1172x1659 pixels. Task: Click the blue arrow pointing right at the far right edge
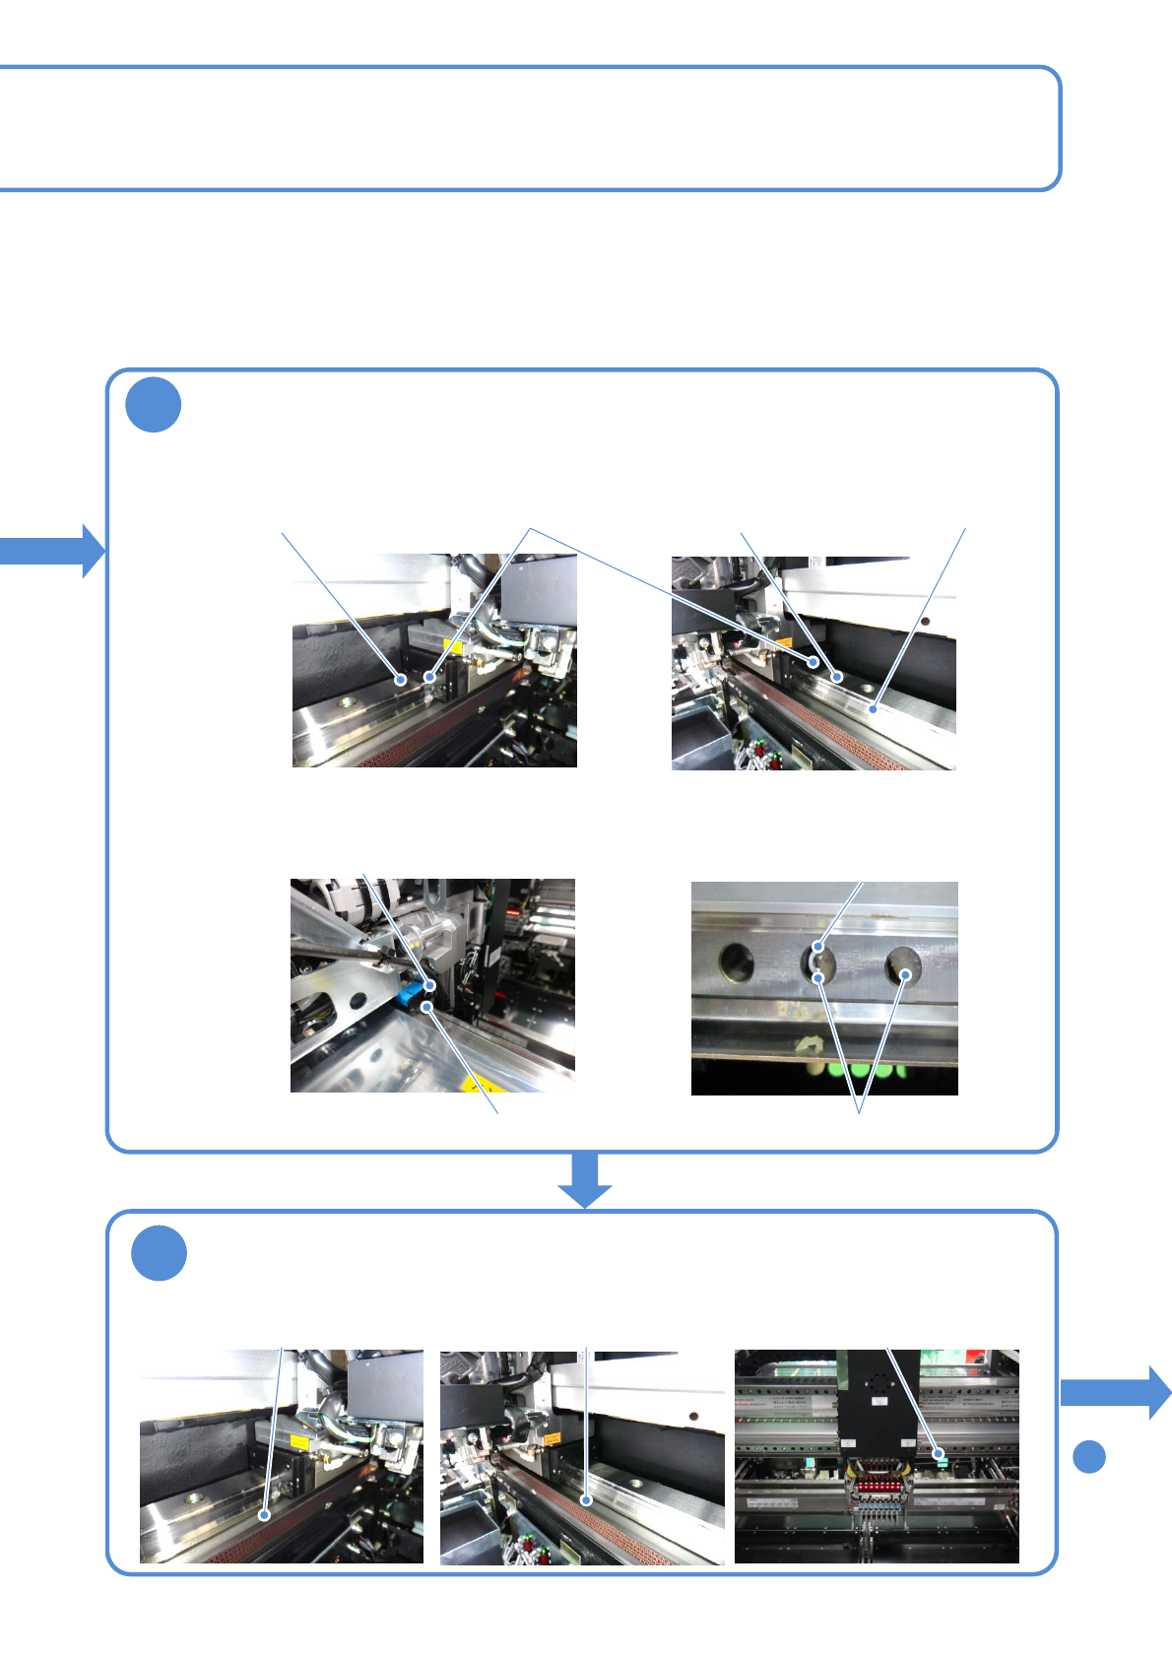tap(1117, 1392)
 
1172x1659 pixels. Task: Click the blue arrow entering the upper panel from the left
tap(51, 550)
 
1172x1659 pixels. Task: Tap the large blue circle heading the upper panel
tap(154, 405)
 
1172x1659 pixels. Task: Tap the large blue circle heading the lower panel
tap(159, 1253)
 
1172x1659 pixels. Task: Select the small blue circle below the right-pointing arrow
tap(1088, 1456)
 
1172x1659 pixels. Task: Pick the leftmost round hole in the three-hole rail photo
tap(737, 962)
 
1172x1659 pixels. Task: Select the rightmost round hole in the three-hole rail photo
tap(903, 965)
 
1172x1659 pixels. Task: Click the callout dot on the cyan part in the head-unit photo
tap(940, 1453)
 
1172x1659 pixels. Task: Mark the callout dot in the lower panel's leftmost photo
tap(264, 1515)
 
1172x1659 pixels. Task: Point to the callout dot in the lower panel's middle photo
tap(586, 1500)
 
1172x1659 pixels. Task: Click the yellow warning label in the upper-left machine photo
tap(453, 647)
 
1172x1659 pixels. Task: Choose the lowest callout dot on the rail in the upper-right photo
tap(873, 707)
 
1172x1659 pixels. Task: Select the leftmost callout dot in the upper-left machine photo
tap(401, 680)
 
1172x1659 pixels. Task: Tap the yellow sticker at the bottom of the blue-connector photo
tap(483, 1084)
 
